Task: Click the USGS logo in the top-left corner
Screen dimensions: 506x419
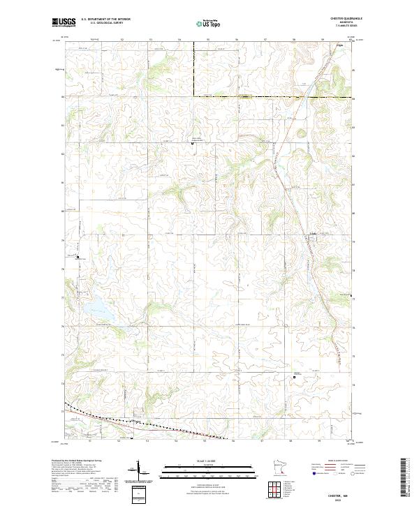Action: point(64,23)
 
